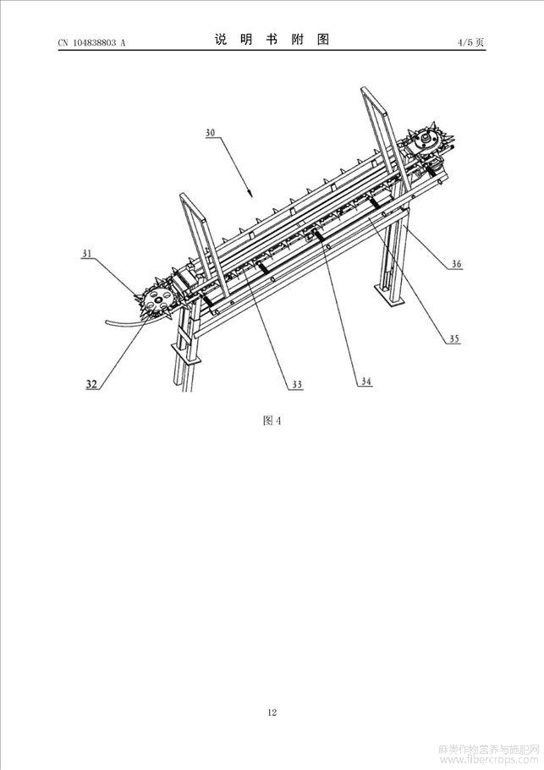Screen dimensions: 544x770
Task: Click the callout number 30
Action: point(210,133)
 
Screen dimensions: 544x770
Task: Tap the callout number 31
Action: point(87,253)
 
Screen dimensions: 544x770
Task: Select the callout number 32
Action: point(91,384)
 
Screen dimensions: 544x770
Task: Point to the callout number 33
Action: point(297,384)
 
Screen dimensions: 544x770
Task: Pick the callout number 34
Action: point(366,381)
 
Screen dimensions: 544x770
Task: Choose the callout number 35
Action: point(454,338)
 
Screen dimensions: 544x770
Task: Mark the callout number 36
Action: point(457,264)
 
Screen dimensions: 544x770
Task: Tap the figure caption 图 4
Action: point(272,421)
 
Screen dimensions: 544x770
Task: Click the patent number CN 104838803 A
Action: point(92,42)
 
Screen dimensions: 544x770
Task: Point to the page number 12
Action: point(272,712)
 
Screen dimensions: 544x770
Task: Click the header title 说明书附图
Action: point(272,40)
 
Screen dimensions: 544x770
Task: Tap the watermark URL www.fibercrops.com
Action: point(490,760)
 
